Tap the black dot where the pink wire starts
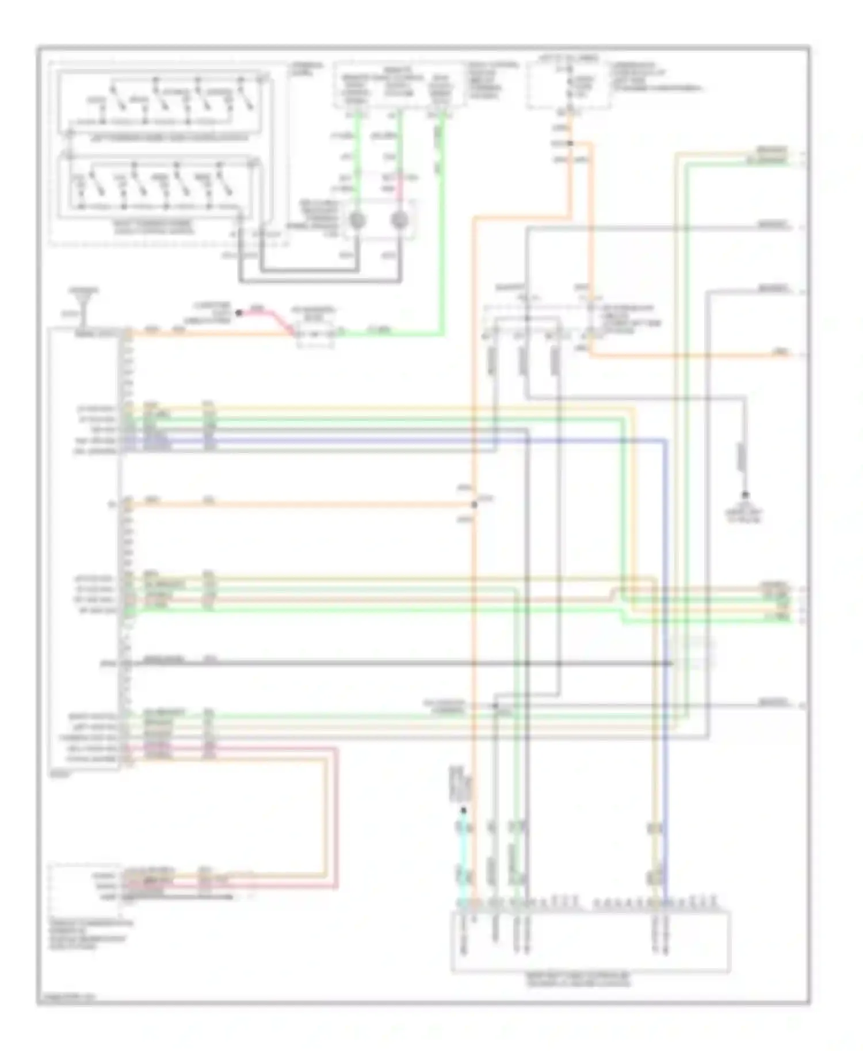pos(239,313)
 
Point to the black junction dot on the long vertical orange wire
pos(474,505)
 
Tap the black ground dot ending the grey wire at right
pos(745,494)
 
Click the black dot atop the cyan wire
pos(464,811)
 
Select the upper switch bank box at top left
pos(166,106)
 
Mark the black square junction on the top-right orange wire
pos(570,143)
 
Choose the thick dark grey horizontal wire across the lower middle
pos(403,664)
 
